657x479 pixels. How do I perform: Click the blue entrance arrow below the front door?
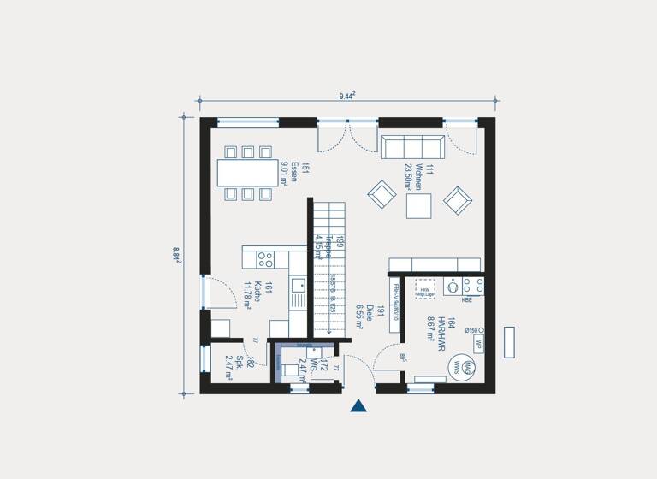[x=358, y=405]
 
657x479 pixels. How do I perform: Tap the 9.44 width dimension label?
[x=347, y=96]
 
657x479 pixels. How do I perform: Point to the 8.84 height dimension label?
[x=176, y=254]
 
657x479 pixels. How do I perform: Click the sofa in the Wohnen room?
[x=412, y=147]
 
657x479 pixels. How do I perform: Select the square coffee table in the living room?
[x=419, y=206]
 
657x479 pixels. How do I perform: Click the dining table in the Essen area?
[x=248, y=173]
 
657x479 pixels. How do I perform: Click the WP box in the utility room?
[x=479, y=344]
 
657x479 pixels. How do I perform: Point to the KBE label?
[x=467, y=300]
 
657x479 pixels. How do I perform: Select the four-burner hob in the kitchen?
[x=265, y=259]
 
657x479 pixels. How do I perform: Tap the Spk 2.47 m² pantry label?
[x=234, y=365]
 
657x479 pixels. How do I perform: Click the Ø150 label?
[x=471, y=330]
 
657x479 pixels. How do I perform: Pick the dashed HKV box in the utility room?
[x=425, y=287]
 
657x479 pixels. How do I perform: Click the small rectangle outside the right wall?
[x=509, y=342]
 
